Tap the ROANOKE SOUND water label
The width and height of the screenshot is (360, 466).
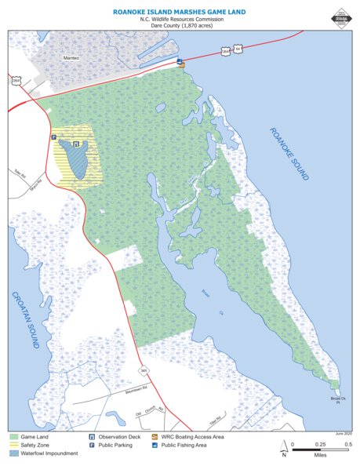tap(289, 154)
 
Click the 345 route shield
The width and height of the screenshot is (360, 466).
tap(144, 370)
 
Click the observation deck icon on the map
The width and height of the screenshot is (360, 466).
tap(75, 144)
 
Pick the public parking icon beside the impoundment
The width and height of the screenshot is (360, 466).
tap(54, 137)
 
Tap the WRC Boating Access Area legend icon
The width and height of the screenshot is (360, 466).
tap(155, 435)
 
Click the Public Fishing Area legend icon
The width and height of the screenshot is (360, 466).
tap(155, 444)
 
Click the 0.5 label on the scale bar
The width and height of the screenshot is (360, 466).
tap(347, 444)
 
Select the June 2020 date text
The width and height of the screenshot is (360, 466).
tap(343, 432)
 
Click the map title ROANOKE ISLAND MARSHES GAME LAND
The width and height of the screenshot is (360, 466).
tap(180, 13)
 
